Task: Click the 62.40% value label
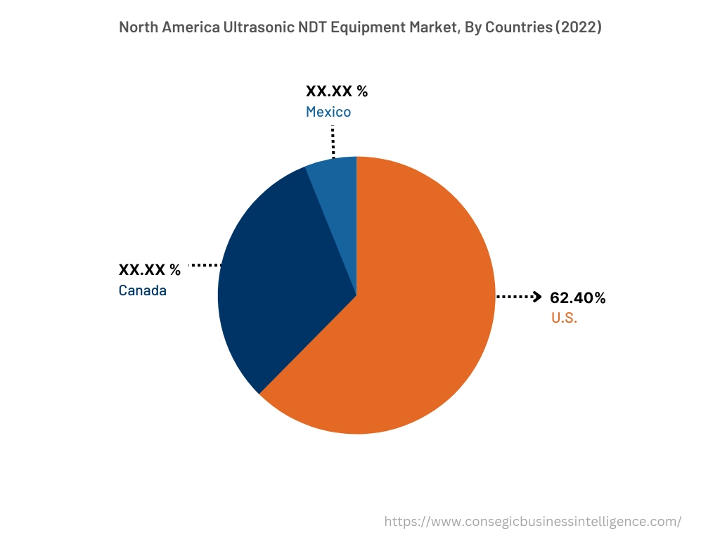578,298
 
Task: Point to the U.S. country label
564,318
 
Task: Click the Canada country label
143,290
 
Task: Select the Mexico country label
328,112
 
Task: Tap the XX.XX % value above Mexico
337,91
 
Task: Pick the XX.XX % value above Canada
150,269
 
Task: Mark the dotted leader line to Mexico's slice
333,142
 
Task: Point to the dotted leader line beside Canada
205,265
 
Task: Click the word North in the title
139,27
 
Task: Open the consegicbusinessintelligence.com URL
534,522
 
